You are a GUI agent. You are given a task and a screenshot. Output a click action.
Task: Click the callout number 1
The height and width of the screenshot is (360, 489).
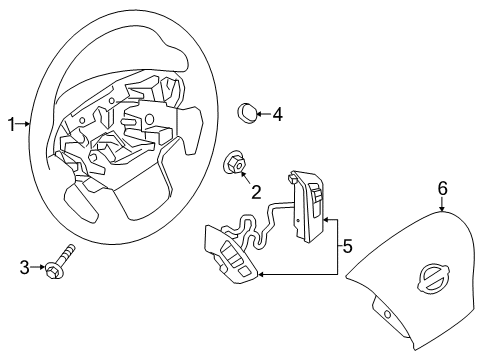pyautogui.click(x=11, y=125)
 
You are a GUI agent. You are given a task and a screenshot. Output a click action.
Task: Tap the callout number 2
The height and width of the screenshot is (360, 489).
pyautogui.click(x=256, y=191)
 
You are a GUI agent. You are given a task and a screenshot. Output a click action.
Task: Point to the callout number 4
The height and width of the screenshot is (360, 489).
pyautogui.click(x=277, y=115)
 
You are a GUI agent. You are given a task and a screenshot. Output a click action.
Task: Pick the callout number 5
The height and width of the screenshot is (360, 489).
pyautogui.click(x=347, y=244)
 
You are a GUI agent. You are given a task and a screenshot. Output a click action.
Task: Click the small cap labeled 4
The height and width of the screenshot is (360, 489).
pyautogui.click(x=246, y=112)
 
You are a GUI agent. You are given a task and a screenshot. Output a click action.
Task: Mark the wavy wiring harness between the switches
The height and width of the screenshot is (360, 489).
pyautogui.click(x=263, y=229)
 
